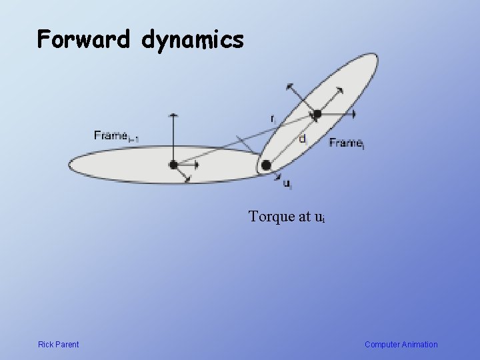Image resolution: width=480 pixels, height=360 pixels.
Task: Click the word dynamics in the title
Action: tap(193, 41)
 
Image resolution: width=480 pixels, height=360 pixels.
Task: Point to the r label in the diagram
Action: tap(272, 118)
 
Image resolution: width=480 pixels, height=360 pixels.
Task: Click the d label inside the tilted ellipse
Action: tap(303, 139)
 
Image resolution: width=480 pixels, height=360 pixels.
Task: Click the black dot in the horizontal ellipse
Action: tap(174, 164)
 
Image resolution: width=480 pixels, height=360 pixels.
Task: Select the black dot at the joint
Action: tap(266, 165)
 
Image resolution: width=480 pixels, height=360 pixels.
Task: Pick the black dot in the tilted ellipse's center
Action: tap(317, 114)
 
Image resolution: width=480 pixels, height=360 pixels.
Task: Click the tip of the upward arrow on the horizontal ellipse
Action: tap(174, 115)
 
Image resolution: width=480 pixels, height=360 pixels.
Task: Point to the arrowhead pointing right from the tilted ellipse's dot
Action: tap(353, 114)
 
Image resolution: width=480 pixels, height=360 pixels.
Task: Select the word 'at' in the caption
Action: tap(305, 217)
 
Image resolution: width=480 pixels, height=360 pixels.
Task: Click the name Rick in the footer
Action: tap(46, 345)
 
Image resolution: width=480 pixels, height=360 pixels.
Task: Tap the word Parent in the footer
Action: tap(67, 345)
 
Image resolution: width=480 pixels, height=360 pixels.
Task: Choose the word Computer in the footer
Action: tap(383, 345)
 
